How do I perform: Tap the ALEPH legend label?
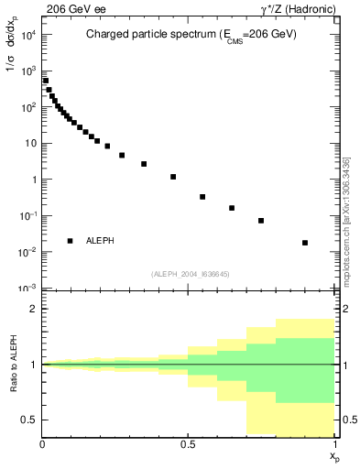[x=100, y=240]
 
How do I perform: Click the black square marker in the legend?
[x=70, y=240]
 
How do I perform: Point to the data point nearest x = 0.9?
[x=305, y=243]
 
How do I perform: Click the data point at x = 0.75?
[x=261, y=221]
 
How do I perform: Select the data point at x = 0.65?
[x=232, y=208]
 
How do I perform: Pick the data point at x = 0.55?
[x=202, y=197]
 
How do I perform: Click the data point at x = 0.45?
[x=173, y=177]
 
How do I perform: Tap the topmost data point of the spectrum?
[x=46, y=81]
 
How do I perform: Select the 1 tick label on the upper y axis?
[x=33, y=180]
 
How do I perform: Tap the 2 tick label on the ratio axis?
[x=33, y=310]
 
